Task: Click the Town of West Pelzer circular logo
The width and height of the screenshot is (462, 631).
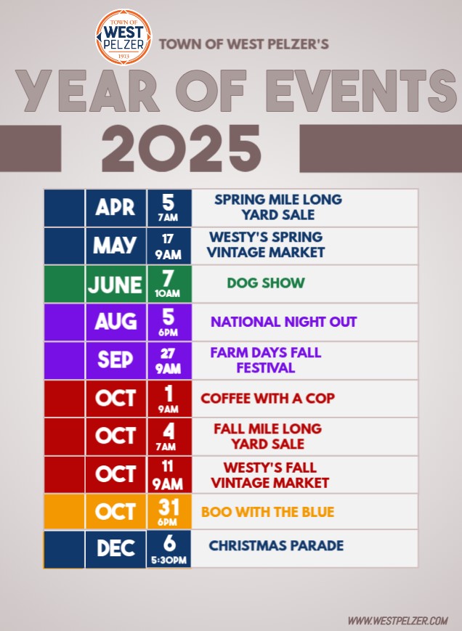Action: coord(123,36)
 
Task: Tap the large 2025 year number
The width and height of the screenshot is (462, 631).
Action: coord(181,149)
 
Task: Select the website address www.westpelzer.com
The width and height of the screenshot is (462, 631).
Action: coord(397,620)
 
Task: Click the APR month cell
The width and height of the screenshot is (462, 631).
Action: coord(115,208)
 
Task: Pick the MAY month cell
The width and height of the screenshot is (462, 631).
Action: coord(115,245)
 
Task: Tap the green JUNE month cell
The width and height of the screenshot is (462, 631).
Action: coord(115,284)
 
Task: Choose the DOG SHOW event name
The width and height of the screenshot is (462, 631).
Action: coord(266,283)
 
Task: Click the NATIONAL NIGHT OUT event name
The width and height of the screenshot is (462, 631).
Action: coord(284,322)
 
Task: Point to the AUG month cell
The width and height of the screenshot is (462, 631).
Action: coord(115,322)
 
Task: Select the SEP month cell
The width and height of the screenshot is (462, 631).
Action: coord(115,360)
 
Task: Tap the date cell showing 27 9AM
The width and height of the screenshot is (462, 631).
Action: coord(169,360)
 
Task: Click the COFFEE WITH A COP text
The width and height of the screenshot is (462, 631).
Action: coord(267,399)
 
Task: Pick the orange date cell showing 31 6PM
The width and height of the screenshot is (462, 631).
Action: coord(169,511)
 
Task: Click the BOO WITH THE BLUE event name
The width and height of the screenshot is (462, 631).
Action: coord(267,512)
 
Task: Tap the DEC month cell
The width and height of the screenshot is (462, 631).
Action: coord(115,549)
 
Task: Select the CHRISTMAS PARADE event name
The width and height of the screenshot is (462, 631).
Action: coord(276,546)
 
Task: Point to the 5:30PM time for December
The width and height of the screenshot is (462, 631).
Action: coord(169,560)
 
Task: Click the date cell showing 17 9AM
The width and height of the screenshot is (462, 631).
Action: coord(169,245)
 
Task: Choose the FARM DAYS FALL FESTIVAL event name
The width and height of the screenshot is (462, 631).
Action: coord(266,360)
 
